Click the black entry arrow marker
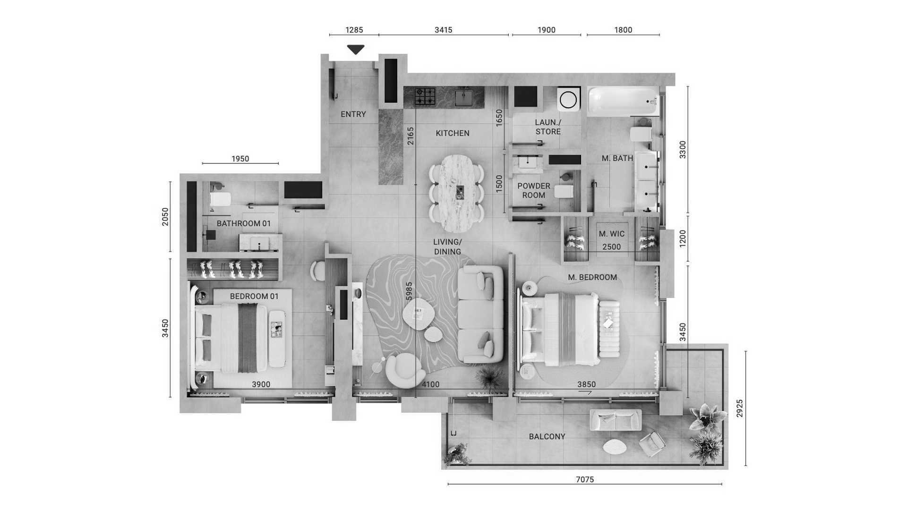356,49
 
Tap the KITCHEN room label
453,133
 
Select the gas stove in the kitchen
425,96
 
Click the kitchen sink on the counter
463,98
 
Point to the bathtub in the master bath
623,101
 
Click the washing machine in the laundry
568,99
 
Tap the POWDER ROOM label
534,190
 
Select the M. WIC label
612,234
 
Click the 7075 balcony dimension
585,480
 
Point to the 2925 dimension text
740,408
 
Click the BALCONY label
547,437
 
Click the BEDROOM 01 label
254,297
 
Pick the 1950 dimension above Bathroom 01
240,159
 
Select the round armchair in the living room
404,370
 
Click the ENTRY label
353,114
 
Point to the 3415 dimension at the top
443,30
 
